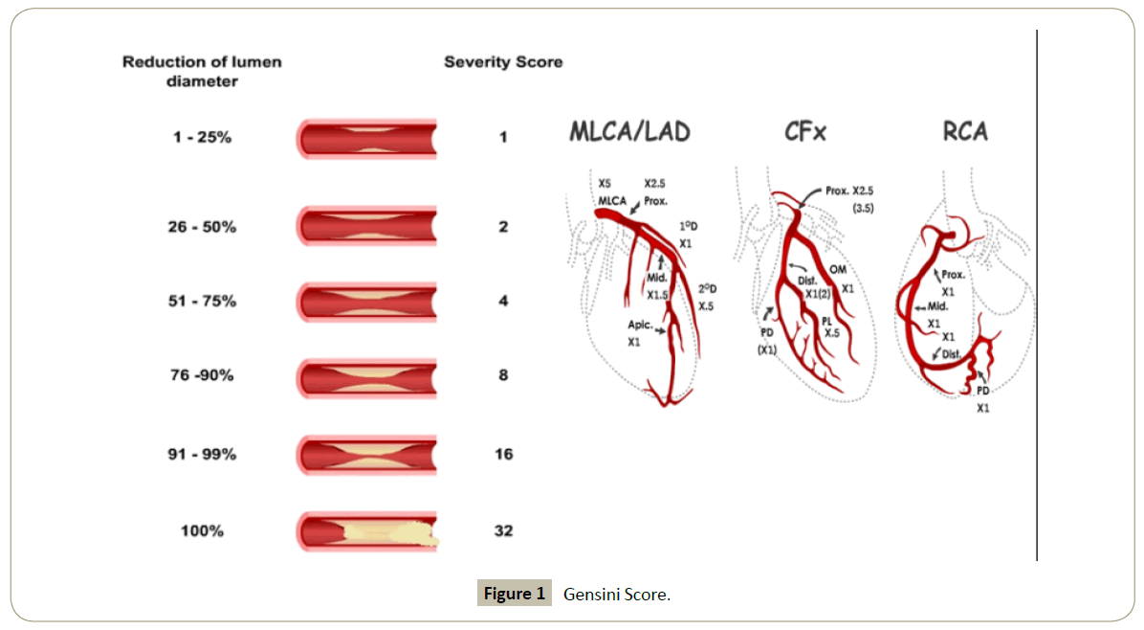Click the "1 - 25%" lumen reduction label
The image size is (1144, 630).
[x=203, y=137]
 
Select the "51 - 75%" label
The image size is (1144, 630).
[x=203, y=301]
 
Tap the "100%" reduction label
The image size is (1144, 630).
[x=203, y=529]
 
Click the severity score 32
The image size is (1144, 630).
[x=503, y=529]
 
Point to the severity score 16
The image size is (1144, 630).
[x=503, y=454]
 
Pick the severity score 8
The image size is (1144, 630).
[x=503, y=375]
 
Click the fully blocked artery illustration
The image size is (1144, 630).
[x=367, y=530]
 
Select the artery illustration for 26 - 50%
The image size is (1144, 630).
[x=367, y=227]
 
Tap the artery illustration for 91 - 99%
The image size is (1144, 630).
[x=367, y=454]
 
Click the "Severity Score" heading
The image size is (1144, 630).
[x=503, y=62]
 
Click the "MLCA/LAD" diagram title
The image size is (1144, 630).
[x=629, y=131]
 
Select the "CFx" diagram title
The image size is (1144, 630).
[x=805, y=131]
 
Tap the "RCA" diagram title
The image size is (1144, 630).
[x=964, y=131]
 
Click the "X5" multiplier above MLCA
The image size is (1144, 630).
[x=605, y=182]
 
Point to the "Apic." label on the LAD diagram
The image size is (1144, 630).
[x=640, y=326]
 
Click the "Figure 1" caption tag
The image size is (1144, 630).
[x=515, y=595]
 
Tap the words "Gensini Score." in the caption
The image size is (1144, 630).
[x=617, y=595]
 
